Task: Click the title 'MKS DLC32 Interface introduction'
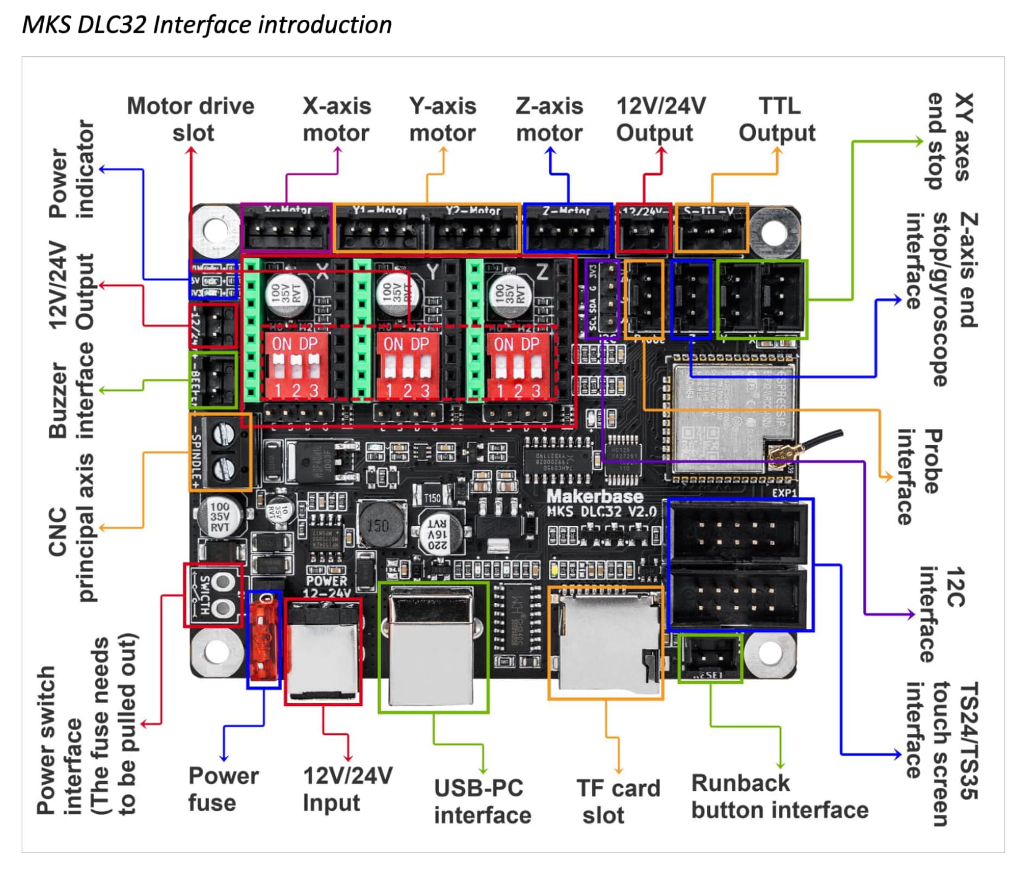[207, 25]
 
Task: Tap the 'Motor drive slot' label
[191, 119]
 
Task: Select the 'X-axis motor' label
[337, 119]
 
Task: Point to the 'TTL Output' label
[777, 119]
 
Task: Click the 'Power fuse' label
[223, 789]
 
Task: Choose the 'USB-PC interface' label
[482, 801]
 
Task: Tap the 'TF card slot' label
[618, 801]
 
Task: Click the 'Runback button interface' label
[779, 796]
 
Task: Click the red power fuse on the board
[264, 639]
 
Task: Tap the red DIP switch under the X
[295, 366]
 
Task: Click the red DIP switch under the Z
[517, 366]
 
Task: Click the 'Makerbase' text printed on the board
[594, 496]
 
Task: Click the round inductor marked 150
[378, 525]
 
